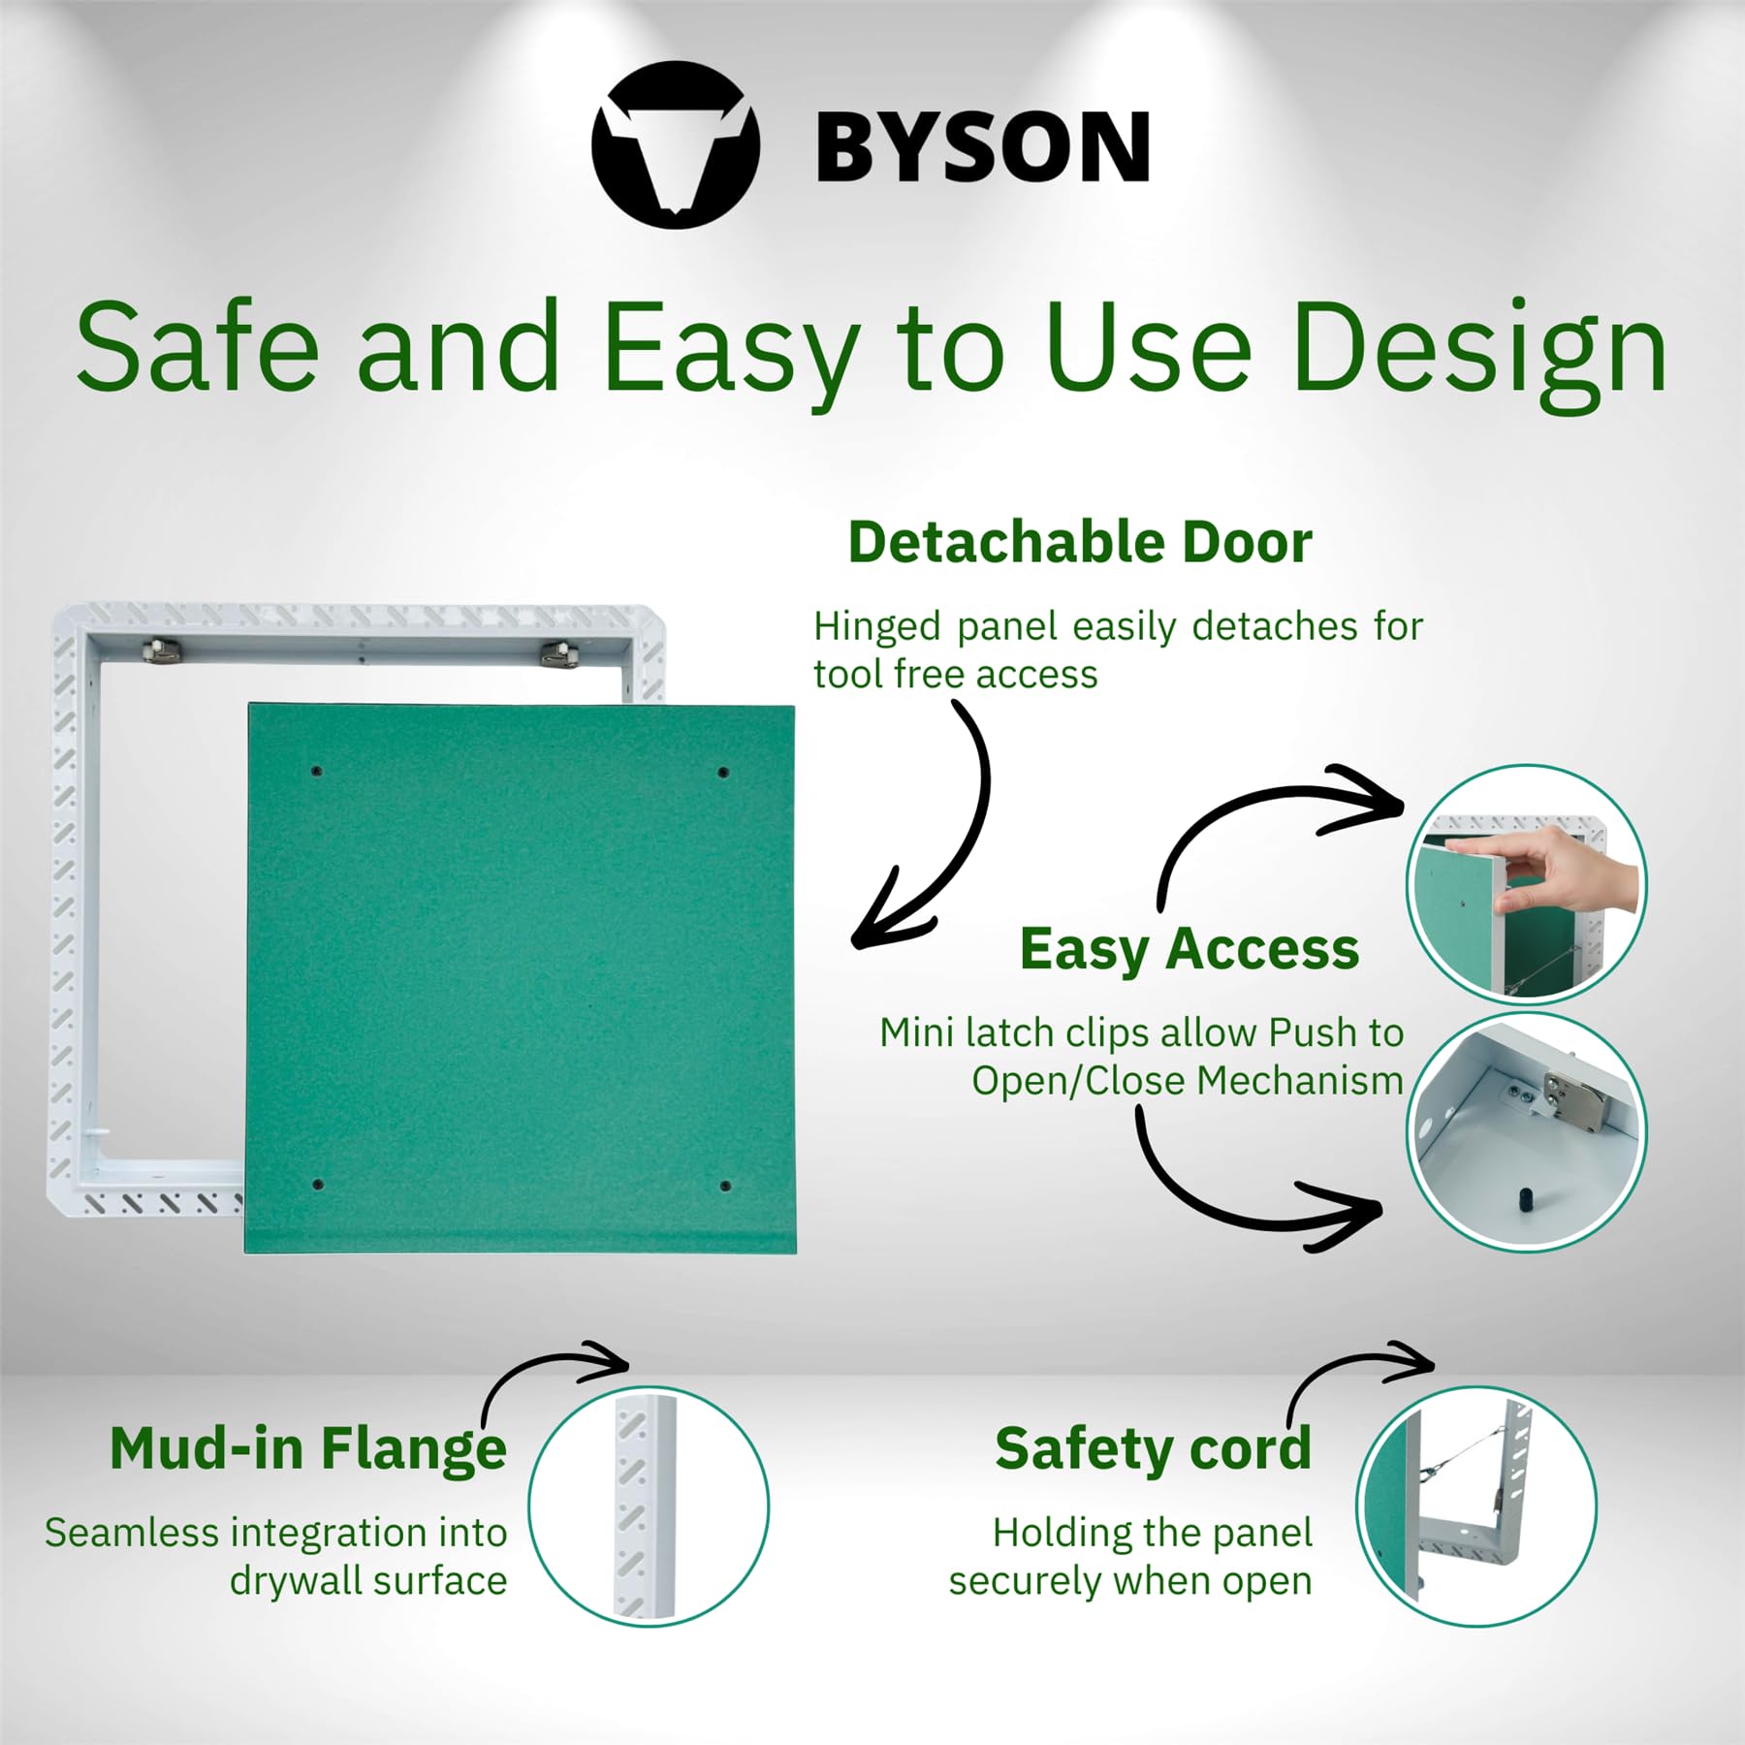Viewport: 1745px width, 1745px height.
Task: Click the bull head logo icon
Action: (x=676, y=145)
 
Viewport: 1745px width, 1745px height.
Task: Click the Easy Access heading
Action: (x=1189, y=949)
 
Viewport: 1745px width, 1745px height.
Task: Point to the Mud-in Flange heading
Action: (x=308, y=1448)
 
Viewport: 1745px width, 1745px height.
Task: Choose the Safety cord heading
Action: (x=1153, y=1449)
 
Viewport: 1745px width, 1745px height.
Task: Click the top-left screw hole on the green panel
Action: (x=316, y=772)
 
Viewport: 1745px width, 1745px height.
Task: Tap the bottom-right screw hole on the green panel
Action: (x=725, y=1186)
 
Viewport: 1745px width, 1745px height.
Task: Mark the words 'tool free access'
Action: (x=955, y=675)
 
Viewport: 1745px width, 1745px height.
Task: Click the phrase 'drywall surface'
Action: (x=368, y=1581)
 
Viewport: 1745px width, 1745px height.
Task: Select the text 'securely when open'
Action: (x=1130, y=1581)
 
